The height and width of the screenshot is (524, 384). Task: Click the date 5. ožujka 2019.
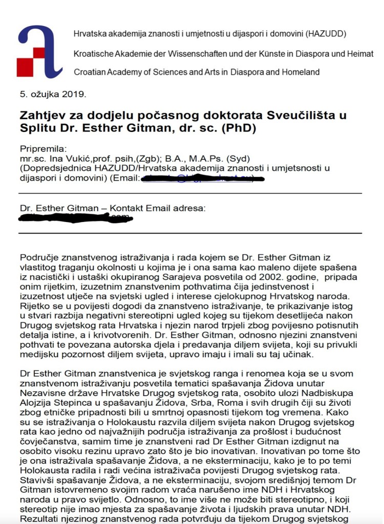pos(53,94)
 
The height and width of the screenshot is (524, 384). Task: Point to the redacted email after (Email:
pos(203,178)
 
